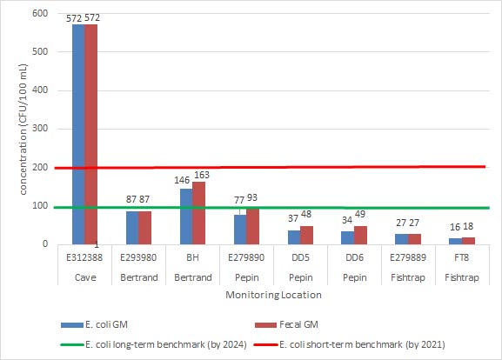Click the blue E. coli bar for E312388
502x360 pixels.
(78, 134)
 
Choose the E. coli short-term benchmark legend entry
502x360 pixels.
(364, 344)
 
